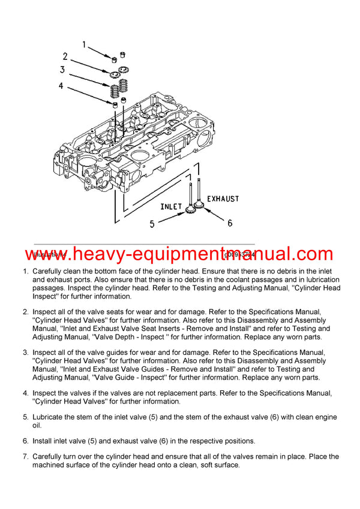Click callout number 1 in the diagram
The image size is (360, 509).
(x=85, y=44)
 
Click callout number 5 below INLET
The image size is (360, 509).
(x=152, y=224)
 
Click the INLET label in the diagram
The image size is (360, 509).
(x=171, y=206)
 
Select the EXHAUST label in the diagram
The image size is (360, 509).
(x=223, y=198)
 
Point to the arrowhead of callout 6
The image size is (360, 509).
(x=205, y=210)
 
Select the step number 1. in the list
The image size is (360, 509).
(x=26, y=272)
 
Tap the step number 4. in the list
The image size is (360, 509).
(x=26, y=393)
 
